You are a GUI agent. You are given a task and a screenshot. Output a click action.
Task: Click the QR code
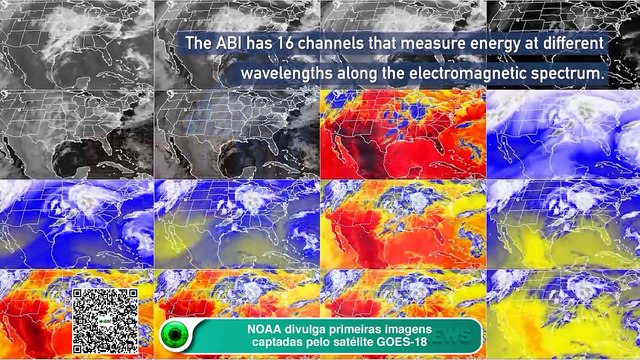104,319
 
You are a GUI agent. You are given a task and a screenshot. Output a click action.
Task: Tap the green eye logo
177,335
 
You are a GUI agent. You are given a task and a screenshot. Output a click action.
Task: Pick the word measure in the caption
438,45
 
